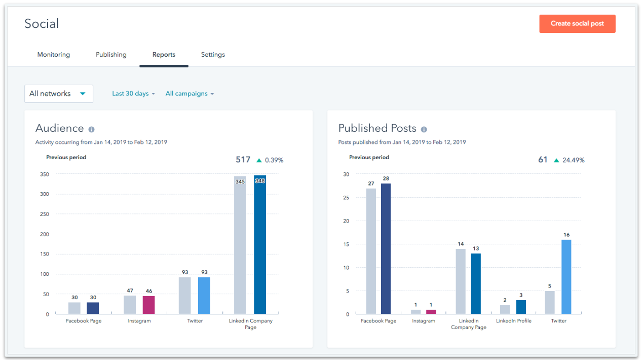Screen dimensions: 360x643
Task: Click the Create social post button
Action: [x=577, y=24]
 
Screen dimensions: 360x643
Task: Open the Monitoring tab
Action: [x=54, y=55]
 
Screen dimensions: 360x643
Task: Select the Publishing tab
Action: [x=111, y=55]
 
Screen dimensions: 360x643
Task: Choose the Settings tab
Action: [x=213, y=55]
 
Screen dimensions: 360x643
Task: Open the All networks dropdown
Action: [x=59, y=94]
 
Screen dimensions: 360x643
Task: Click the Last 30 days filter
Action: [x=133, y=94]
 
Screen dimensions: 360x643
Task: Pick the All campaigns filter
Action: [x=190, y=94]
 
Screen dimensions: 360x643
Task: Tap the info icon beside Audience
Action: [x=91, y=130]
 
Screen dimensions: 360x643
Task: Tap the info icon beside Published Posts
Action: [x=424, y=130]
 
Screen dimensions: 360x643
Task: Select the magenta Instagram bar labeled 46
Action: [x=148, y=305]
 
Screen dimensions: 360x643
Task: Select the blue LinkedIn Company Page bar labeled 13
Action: [x=476, y=283]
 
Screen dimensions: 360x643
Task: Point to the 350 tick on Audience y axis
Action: [x=44, y=174]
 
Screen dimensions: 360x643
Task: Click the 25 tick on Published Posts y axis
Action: [x=346, y=198]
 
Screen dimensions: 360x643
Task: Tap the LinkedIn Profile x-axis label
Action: [x=514, y=321]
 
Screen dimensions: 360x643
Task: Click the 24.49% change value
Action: [x=573, y=160]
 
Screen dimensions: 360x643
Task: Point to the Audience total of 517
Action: [x=243, y=160]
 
